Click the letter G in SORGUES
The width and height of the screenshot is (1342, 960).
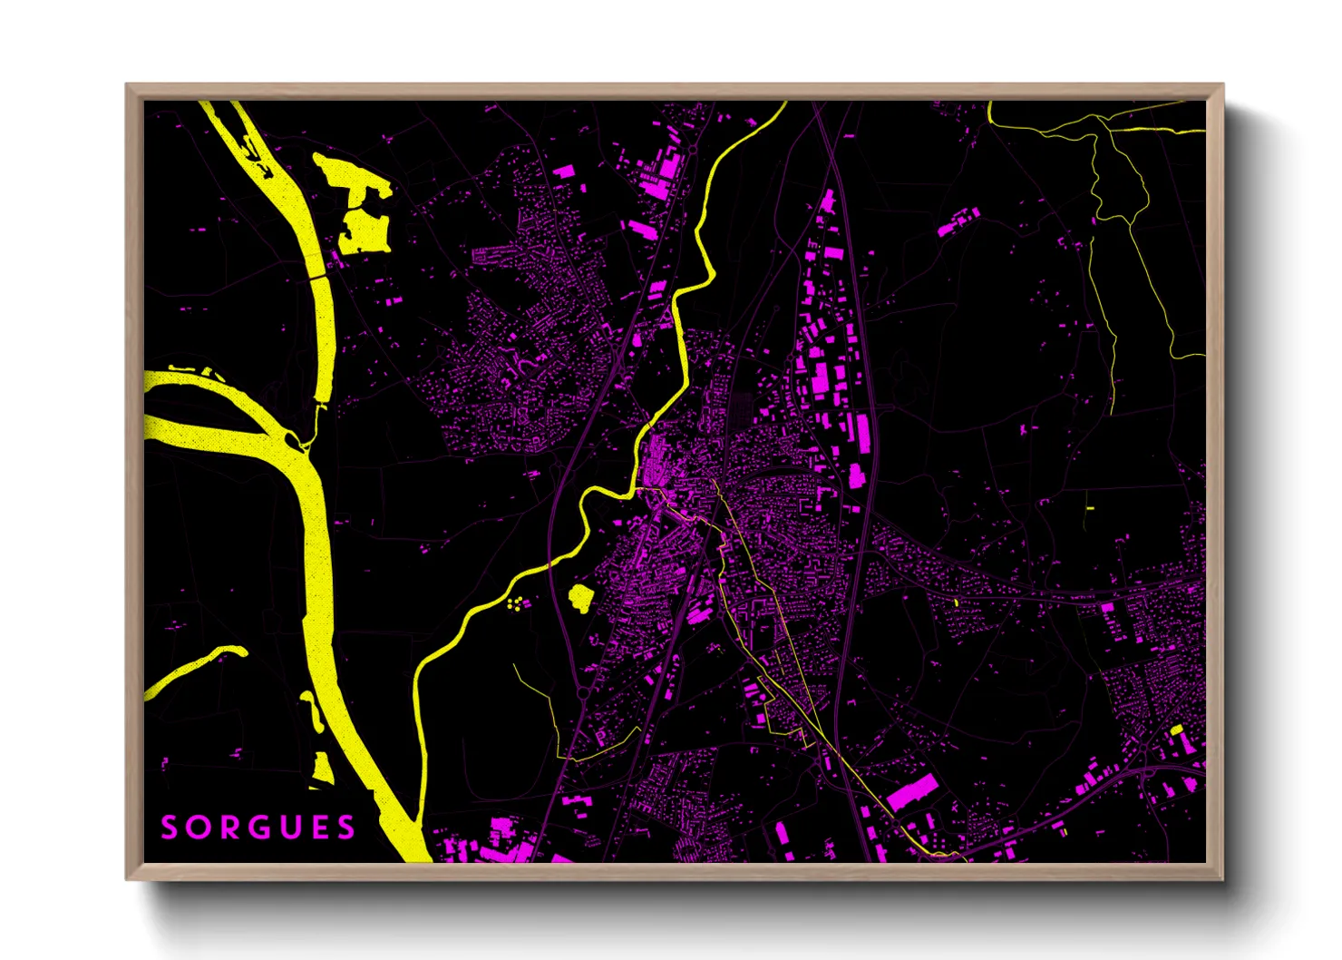(x=257, y=828)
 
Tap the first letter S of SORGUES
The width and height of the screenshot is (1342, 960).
(x=170, y=828)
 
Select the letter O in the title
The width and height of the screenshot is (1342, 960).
(x=198, y=828)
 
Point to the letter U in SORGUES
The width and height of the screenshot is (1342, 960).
(x=287, y=828)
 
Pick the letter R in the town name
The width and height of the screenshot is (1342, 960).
(x=228, y=828)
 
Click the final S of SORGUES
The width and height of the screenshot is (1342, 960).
(x=345, y=828)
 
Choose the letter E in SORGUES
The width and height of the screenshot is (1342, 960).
(x=316, y=828)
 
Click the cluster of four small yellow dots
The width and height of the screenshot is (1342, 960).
(x=516, y=603)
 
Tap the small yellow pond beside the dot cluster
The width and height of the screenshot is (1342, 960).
(x=579, y=598)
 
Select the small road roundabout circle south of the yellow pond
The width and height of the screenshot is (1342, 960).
(x=582, y=692)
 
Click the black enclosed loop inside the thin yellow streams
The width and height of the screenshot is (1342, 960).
(x=1119, y=181)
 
